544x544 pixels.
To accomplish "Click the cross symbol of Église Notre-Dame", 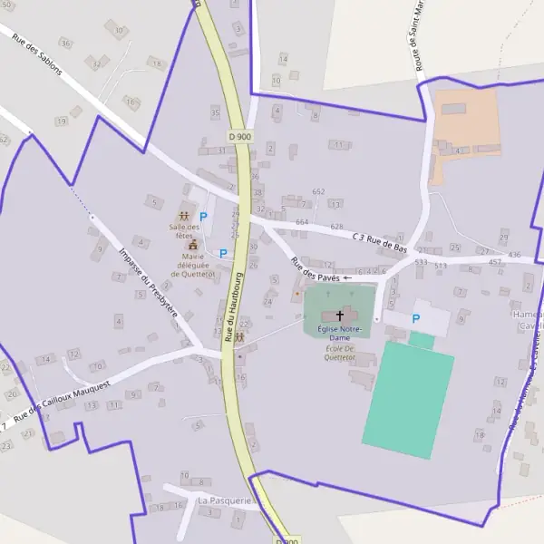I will click(x=340, y=315).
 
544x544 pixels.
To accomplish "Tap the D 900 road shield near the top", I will click(x=239, y=136).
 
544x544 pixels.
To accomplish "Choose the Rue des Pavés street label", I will click(x=315, y=269).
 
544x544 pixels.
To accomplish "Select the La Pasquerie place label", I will click(x=222, y=500).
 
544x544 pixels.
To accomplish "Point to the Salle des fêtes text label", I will click(x=184, y=230).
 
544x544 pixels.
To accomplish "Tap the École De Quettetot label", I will click(x=339, y=352).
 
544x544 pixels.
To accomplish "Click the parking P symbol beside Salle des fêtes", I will click(x=203, y=217).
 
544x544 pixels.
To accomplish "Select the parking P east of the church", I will click(x=416, y=318).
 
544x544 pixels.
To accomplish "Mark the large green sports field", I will click(x=408, y=393).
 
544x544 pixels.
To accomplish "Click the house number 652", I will click(x=318, y=191).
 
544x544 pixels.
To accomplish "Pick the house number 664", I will click(x=302, y=222).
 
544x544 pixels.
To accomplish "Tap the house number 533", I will click(x=421, y=262).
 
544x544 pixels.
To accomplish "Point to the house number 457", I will click(x=495, y=261).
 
